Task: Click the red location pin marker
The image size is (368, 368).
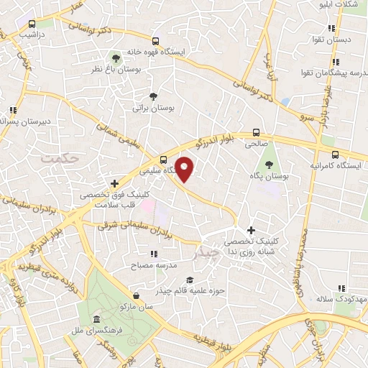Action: click(x=185, y=169)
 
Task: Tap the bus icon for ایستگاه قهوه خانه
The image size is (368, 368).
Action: click(x=155, y=41)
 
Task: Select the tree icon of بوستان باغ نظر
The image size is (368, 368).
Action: click(x=116, y=57)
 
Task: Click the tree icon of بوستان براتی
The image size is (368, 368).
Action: click(x=152, y=96)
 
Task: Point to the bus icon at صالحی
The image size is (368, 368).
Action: click(x=257, y=132)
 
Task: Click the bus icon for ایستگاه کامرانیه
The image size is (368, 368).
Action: click(x=335, y=155)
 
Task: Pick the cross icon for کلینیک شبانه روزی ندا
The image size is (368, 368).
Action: click(x=250, y=230)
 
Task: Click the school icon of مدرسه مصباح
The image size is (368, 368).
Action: click(x=153, y=253)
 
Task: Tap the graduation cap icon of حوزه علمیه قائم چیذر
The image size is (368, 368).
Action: click(x=189, y=280)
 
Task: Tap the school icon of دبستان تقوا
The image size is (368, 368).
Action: click(x=331, y=29)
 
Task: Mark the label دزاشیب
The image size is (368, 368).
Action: click(x=30, y=34)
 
